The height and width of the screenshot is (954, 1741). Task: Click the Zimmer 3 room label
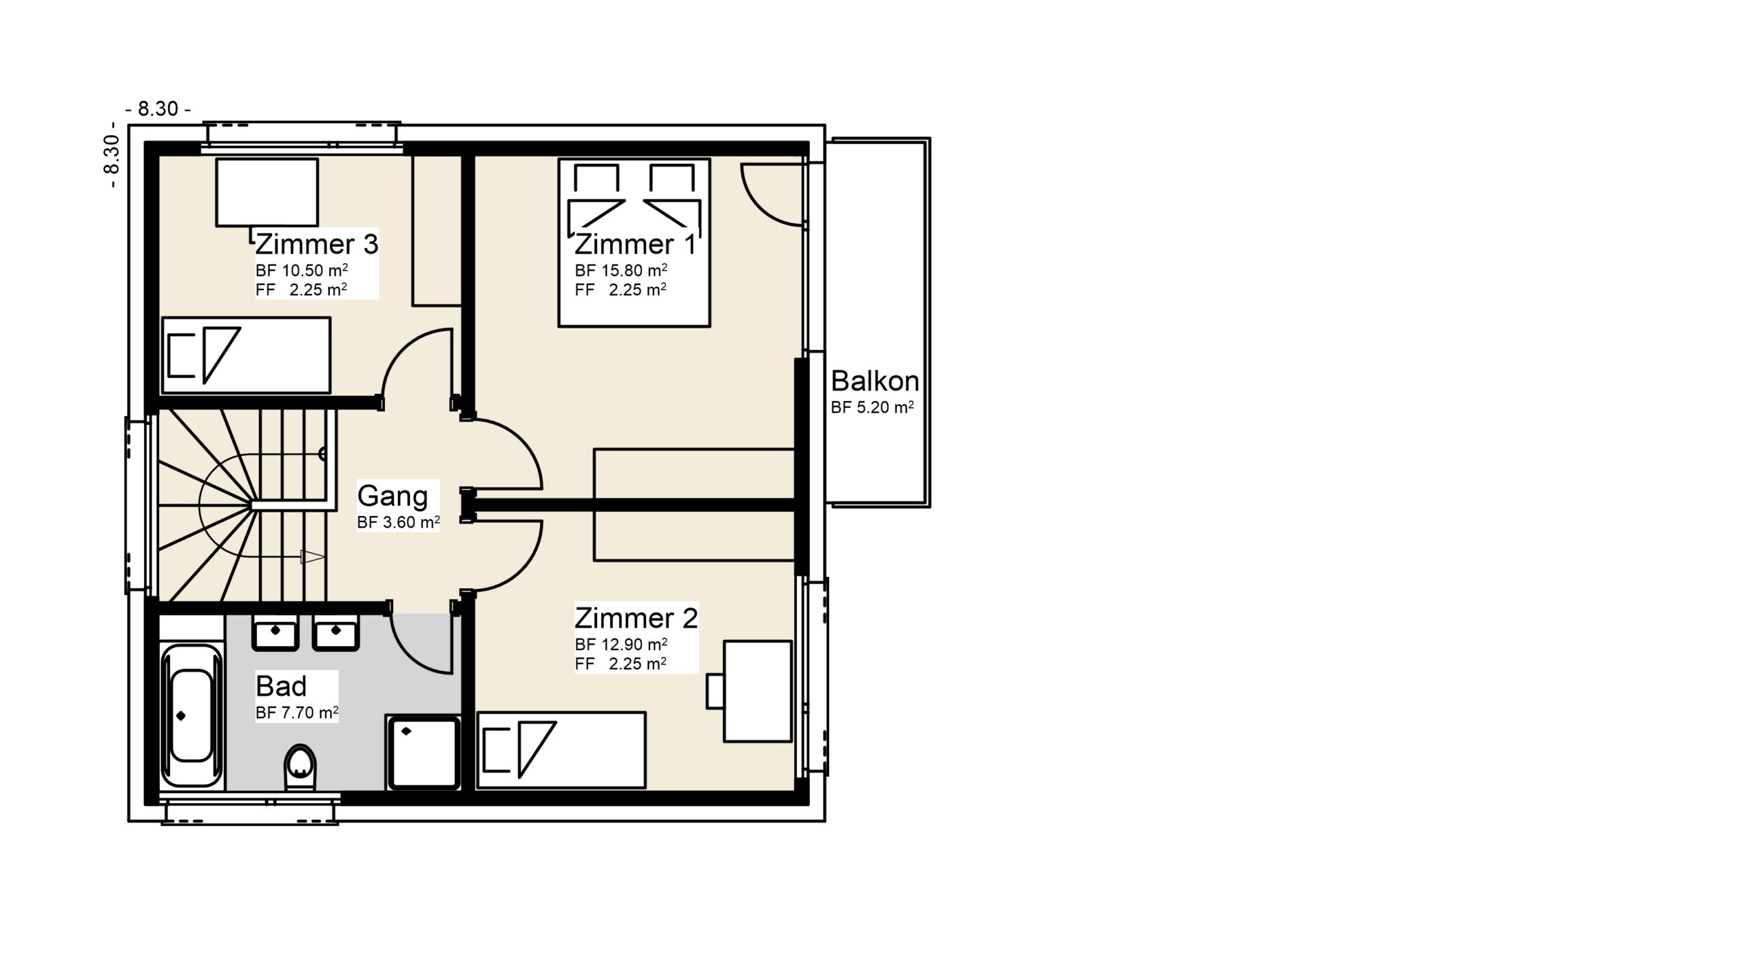[316, 244]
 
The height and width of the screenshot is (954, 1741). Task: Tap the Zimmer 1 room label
[635, 244]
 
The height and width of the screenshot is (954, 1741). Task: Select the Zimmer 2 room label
[636, 618]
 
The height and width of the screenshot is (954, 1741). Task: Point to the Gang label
[392, 496]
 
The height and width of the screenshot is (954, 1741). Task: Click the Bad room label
[282, 687]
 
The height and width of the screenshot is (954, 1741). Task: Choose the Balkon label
[875, 381]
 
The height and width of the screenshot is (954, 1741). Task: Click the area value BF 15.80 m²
[620, 270]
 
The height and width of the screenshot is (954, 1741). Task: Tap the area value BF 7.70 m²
[297, 713]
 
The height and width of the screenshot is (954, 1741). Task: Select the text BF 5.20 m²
[872, 407]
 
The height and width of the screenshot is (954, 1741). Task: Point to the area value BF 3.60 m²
[399, 522]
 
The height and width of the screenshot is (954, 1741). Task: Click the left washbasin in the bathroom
[275, 633]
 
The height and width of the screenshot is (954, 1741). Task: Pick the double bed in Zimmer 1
[634, 243]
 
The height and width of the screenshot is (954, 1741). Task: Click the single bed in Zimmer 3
[246, 355]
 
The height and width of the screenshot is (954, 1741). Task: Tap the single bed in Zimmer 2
[561, 750]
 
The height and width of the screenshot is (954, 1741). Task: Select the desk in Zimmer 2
[758, 691]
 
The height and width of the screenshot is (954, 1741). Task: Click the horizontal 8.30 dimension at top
[158, 109]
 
